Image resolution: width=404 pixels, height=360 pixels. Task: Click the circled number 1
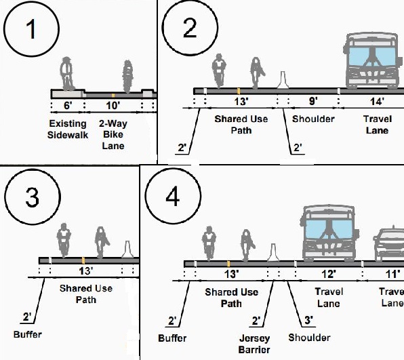point(31,29)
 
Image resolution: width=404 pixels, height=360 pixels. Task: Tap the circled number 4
point(173,196)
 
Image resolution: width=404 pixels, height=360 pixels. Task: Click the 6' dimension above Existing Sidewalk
point(68,105)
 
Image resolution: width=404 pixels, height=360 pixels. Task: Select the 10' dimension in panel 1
point(113,105)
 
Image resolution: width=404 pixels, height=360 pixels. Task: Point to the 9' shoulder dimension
point(313,101)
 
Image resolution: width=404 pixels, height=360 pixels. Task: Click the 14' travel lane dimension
point(377,101)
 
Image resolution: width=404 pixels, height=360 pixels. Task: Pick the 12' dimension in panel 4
point(329,274)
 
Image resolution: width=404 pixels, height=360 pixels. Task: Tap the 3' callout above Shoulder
point(308,320)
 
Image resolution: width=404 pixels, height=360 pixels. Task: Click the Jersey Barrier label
point(254,344)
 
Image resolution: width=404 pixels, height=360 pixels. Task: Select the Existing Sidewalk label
point(68,129)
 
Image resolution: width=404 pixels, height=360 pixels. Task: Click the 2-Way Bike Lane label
point(113,134)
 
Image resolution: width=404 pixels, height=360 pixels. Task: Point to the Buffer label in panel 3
point(28,334)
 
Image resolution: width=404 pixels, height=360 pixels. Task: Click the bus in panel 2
point(373,60)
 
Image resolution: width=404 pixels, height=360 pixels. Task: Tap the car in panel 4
point(388,243)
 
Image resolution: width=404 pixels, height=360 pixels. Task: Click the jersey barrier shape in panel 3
point(127,249)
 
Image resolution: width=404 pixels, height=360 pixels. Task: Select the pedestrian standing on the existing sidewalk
point(68,74)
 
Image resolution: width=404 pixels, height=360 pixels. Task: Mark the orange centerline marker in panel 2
point(239,91)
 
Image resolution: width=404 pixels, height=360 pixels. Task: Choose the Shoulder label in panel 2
point(313,119)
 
